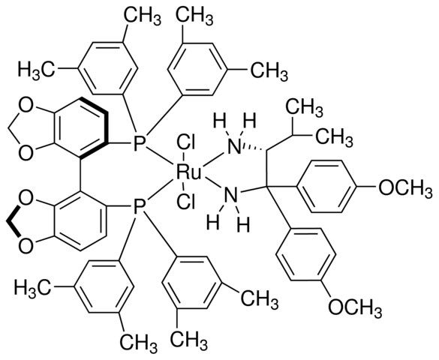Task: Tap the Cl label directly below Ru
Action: point(185,202)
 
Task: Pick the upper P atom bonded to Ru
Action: point(139,144)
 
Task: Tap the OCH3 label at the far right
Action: point(405,190)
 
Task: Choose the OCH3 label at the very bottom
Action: point(355,309)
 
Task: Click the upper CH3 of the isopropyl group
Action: point(305,108)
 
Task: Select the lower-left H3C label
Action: point(33,288)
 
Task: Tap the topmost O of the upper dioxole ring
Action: point(26,106)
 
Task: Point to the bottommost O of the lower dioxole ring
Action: point(26,246)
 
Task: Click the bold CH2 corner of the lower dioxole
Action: point(8,222)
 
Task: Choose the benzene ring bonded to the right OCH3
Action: point(326,187)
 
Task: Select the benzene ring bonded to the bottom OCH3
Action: point(305,254)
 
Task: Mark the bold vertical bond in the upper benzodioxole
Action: point(106,127)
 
